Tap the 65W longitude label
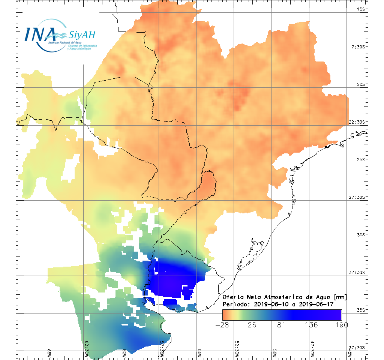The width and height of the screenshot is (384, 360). coord(49,354)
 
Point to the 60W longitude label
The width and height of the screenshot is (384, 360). coord(124,354)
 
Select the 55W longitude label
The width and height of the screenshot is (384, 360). coord(199,354)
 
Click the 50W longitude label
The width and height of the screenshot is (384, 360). coord(274,354)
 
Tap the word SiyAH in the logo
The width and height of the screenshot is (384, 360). coord(82,35)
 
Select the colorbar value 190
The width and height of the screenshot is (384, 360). coord(341,324)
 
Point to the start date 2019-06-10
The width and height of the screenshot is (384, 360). coord(269,304)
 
